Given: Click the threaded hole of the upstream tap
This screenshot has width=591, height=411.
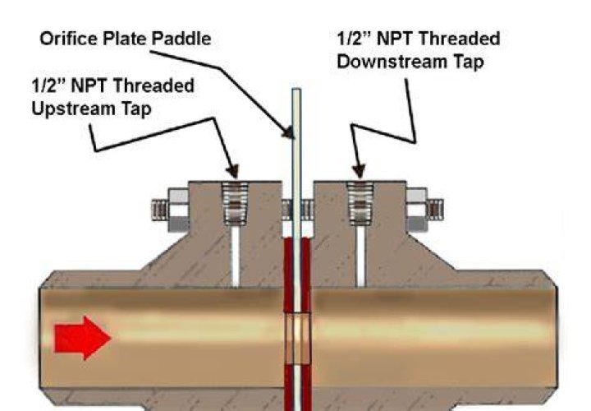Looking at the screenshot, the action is pyautogui.click(x=236, y=204).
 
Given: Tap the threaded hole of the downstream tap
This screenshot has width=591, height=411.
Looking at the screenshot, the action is pyautogui.click(x=360, y=204).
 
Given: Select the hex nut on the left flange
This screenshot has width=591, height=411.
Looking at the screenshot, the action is pyautogui.click(x=178, y=210).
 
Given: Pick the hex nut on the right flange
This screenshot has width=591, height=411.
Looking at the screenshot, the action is pyautogui.click(x=416, y=210).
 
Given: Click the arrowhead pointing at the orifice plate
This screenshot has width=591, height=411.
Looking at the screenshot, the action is pyautogui.click(x=289, y=132).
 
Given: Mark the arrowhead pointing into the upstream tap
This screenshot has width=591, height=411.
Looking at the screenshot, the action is pyautogui.click(x=233, y=171).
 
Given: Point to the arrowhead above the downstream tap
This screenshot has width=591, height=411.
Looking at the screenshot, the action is pyautogui.click(x=359, y=171).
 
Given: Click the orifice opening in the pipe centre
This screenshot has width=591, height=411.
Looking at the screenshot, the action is pyautogui.click(x=297, y=338).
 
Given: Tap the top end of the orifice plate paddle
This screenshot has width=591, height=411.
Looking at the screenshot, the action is pyautogui.click(x=296, y=89).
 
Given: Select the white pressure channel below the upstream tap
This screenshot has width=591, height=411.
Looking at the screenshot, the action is pyautogui.click(x=236, y=256).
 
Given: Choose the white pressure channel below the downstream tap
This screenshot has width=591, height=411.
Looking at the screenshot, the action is pyautogui.click(x=360, y=256).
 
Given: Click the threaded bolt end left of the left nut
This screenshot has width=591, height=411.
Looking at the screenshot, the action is pyautogui.click(x=160, y=210).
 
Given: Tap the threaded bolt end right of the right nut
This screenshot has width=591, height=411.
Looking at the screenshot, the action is pyautogui.click(x=435, y=210).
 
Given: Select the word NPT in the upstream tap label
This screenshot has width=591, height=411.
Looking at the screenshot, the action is pyautogui.click(x=90, y=85).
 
